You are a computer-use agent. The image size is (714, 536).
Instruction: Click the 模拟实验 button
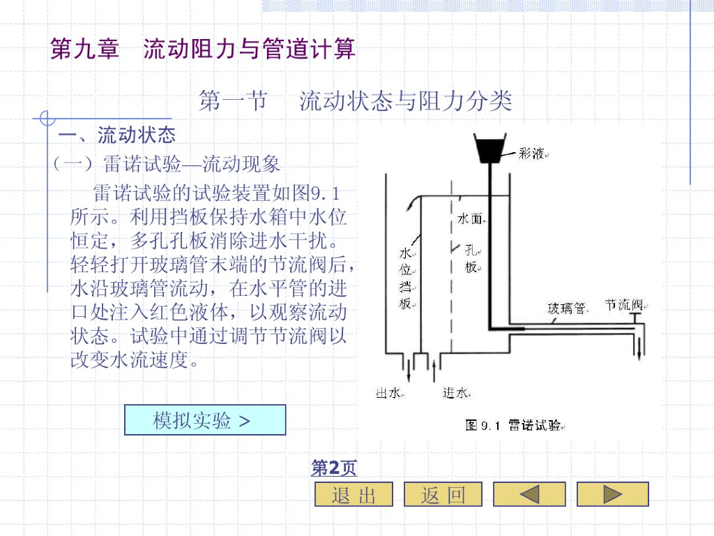pyautogui.click(x=205, y=420)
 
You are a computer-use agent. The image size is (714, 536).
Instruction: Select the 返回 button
pyautogui.click(x=443, y=494)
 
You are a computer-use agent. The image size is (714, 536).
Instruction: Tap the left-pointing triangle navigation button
pyautogui.click(x=529, y=494)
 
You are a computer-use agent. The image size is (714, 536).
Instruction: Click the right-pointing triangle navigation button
pyautogui.click(x=613, y=494)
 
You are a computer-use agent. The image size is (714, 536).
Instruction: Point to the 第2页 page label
pyautogui.click(x=334, y=468)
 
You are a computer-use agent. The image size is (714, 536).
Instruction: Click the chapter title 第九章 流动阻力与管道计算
pyautogui.click(x=203, y=49)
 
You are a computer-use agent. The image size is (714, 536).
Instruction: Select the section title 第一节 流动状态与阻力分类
pyautogui.click(x=356, y=101)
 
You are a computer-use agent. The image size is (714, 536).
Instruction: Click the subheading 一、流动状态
pyautogui.click(x=116, y=134)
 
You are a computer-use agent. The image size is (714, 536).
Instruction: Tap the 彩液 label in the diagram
pyautogui.click(x=531, y=154)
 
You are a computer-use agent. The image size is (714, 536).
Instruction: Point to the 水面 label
pyautogui.click(x=469, y=219)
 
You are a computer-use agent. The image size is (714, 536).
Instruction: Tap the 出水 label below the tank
pyautogui.click(x=388, y=394)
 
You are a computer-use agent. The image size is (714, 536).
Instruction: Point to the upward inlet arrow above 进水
pyautogui.click(x=436, y=369)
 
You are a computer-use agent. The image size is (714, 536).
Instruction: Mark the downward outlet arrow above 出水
pyautogui.click(x=409, y=370)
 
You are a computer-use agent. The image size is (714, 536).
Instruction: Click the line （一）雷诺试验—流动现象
pyautogui.click(x=167, y=164)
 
